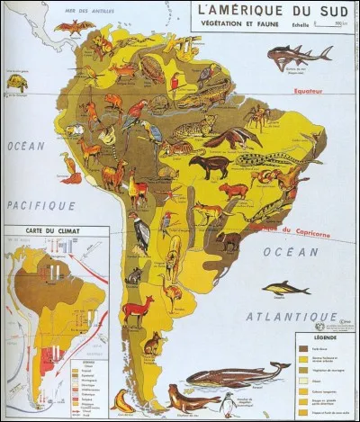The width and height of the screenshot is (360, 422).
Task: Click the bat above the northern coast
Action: click(74, 27)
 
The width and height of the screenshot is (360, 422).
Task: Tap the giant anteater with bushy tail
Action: click(233, 137)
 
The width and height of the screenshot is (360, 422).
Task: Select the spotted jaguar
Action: click(195, 125)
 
